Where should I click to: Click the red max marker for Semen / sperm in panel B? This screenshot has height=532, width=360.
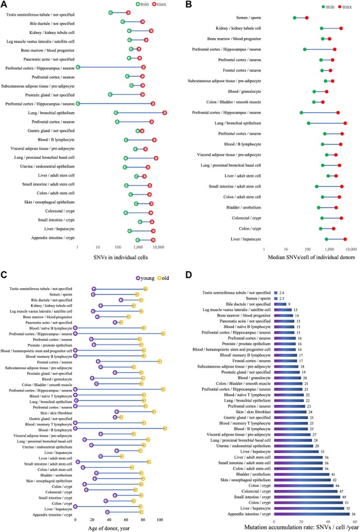coord(307,18)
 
